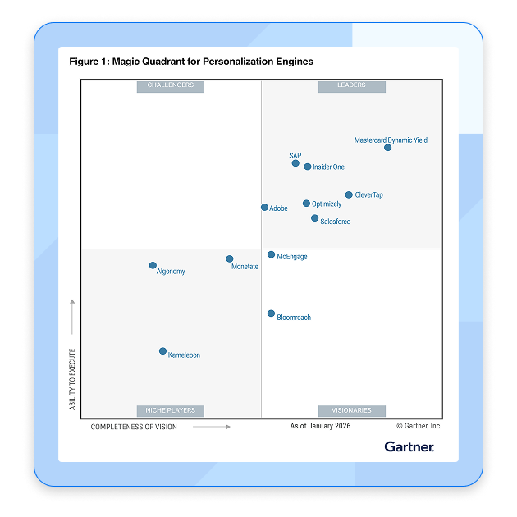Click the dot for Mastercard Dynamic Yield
coord(387,148)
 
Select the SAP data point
coord(295,163)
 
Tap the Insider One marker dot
coord(308,167)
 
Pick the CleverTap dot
coord(349,194)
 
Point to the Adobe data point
coord(264,208)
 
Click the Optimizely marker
coord(306,204)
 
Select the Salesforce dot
coord(315,218)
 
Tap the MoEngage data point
coord(271,255)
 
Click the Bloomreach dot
coord(271,313)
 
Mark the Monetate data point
coord(230,259)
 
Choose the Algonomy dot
coord(153,265)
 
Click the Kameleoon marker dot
coord(162,351)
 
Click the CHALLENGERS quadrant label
coord(171,85)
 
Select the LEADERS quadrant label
coord(351,85)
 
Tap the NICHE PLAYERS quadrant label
coord(171,410)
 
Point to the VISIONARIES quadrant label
coord(351,410)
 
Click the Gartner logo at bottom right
coord(409,446)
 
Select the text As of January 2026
coord(320,426)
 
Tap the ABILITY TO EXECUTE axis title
coord(72,379)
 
